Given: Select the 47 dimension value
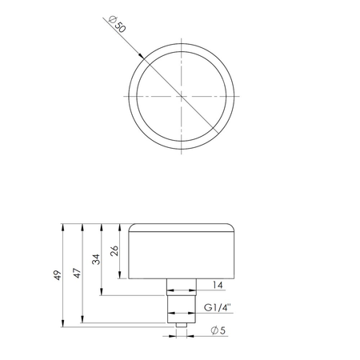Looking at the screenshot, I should click(x=78, y=272).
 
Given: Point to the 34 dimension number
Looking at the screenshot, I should click(x=98, y=258).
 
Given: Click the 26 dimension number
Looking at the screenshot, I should click(x=117, y=250).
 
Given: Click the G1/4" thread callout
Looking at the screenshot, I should click(x=218, y=306).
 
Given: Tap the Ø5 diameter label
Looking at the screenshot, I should click(x=217, y=330).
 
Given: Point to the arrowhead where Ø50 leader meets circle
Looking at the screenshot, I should click(x=142, y=55).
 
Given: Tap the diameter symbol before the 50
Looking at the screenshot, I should click(x=113, y=22).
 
